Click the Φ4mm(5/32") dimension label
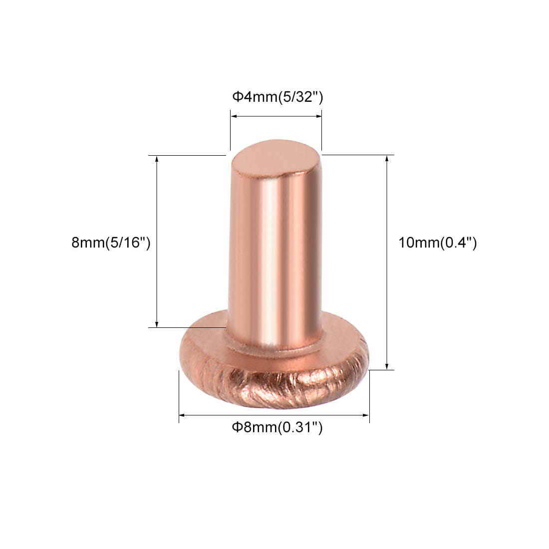click(277, 97)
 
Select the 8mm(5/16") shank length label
click(111, 242)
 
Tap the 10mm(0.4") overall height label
click(438, 242)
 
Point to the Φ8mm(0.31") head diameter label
click(277, 427)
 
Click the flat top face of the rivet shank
click(268, 159)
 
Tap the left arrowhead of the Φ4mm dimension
click(234, 116)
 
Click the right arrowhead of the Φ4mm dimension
click(318, 116)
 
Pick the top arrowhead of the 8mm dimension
click(157, 159)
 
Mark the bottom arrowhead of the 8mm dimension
click(157, 324)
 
